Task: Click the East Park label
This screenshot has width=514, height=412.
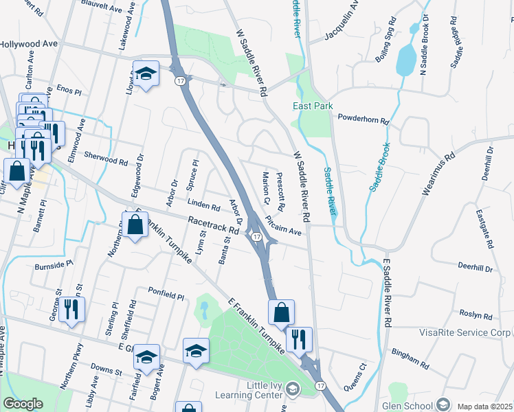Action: tap(313, 106)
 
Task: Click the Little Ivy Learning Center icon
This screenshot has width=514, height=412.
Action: tap(291, 389)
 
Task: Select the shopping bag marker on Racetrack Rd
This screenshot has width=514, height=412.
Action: tap(135, 225)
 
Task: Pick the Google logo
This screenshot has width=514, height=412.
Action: tap(23, 404)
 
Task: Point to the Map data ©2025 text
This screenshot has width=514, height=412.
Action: tap(484, 407)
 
